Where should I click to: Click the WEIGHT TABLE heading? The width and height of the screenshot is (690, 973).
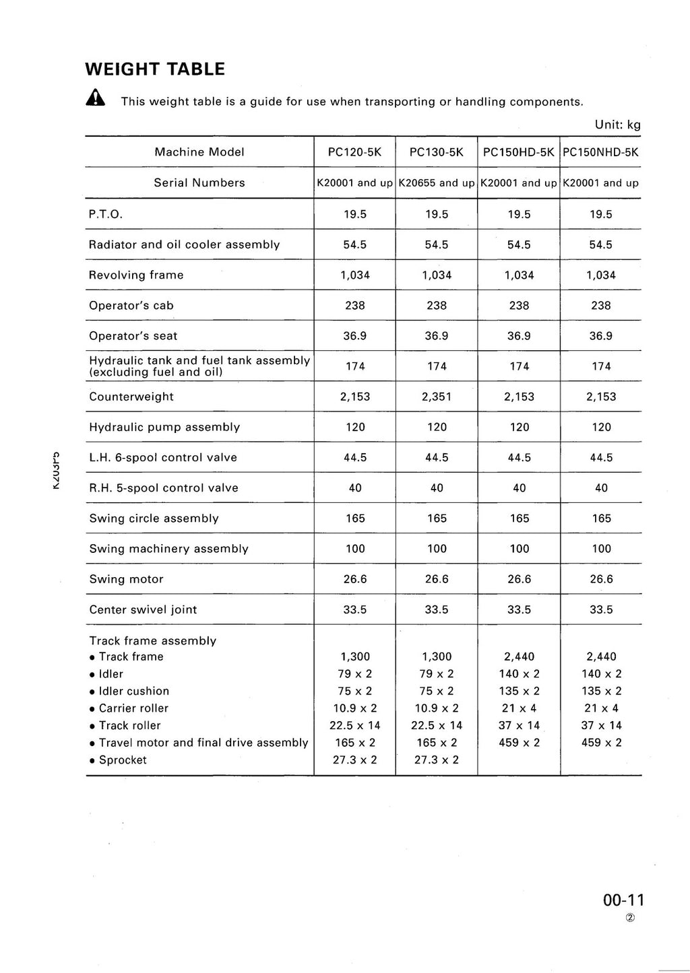(x=155, y=69)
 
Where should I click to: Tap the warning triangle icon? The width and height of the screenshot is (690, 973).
(x=96, y=100)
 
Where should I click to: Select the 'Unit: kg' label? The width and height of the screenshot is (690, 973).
(x=617, y=125)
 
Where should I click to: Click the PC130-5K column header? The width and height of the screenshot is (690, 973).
(x=436, y=152)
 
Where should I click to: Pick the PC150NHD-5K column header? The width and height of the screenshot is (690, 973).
(x=600, y=152)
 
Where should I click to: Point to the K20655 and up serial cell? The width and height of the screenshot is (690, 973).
(x=437, y=183)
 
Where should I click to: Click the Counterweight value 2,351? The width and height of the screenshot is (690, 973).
(x=437, y=397)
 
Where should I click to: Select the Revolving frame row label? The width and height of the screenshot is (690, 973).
(x=136, y=275)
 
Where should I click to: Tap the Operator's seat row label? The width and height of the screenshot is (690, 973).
(x=133, y=336)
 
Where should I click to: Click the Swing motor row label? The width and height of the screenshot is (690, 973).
(x=126, y=579)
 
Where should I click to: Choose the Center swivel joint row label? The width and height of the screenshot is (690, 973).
(x=143, y=609)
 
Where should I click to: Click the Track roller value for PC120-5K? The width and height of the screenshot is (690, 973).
(x=354, y=725)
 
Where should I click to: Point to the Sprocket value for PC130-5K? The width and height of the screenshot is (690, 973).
(x=436, y=760)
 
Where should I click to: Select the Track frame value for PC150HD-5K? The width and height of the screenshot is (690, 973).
(x=519, y=657)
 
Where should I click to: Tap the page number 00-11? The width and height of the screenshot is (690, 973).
(x=624, y=900)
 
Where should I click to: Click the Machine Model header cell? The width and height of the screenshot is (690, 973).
(x=199, y=152)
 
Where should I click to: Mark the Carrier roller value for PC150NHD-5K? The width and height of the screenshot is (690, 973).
(x=601, y=708)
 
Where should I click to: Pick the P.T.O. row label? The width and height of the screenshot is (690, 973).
(x=106, y=214)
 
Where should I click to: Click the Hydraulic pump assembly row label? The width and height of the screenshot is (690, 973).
(x=164, y=427)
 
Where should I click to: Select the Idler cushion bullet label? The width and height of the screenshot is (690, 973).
(x=133, y=691)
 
